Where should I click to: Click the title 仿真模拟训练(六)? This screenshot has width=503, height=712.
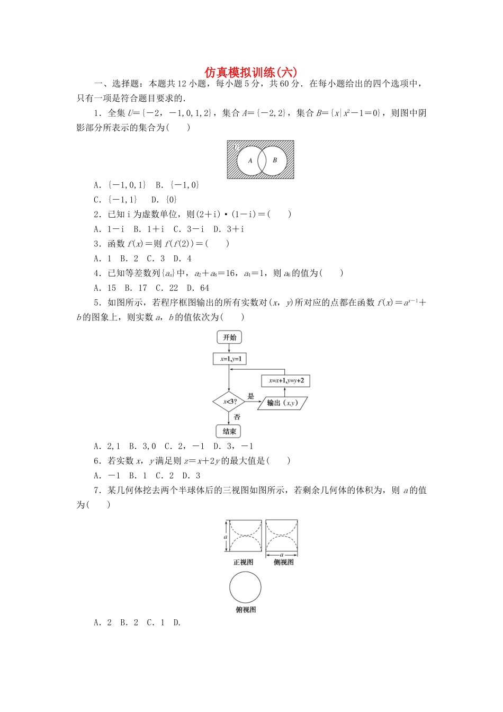[251, 72]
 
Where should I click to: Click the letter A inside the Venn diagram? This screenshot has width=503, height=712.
[250, 161]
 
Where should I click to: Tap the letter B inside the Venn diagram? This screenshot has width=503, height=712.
[275, 160]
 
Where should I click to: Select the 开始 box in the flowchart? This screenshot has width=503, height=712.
[229, 337]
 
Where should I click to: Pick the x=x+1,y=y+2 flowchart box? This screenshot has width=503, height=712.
[286, 381]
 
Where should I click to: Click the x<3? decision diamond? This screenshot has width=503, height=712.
[229, 402]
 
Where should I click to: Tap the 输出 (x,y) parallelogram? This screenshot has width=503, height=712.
[282, 403]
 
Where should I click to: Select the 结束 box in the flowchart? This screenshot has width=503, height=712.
[229, 431]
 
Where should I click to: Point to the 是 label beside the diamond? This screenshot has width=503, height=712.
[251, 396]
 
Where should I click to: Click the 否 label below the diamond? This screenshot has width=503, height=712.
[237, 417]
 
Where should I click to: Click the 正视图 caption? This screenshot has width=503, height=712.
[244, 562]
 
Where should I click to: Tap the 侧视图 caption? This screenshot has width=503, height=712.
[284, 562]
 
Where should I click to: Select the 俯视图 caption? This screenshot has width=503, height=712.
[246, 610]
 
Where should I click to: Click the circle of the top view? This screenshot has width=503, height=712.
[245, 588]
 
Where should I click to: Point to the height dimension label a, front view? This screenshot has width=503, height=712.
[226, 537]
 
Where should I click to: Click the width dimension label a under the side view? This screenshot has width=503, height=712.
[282, 555]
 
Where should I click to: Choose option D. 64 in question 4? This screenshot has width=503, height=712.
[198, 288]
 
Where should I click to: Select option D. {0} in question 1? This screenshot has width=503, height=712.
[164, 200]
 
